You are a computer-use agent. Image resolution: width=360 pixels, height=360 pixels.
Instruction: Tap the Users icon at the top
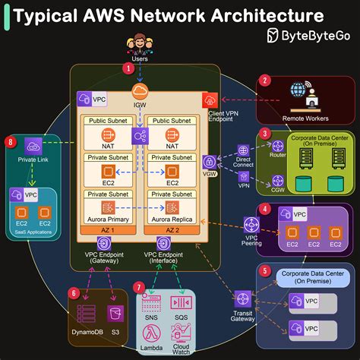pos(140,44)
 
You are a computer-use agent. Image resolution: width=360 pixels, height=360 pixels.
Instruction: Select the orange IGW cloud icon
pos(140,93)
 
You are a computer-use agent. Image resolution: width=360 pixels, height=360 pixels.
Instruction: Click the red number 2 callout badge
pos(265,80)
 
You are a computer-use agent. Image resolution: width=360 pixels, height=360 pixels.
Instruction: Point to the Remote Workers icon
pos(305,96)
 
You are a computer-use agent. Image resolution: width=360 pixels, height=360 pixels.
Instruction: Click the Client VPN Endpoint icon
pos(209,99)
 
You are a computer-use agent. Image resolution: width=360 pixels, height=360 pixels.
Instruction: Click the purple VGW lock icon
pos(209,162)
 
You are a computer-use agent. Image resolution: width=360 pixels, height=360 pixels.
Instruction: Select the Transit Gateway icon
pos(242,299)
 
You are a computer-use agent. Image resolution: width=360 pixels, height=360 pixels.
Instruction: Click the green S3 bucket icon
pos(115,314)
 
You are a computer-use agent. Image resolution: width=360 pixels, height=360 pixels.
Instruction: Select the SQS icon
pos(182,303)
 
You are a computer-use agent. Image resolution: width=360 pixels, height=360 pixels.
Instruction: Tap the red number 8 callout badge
pos(10,141)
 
